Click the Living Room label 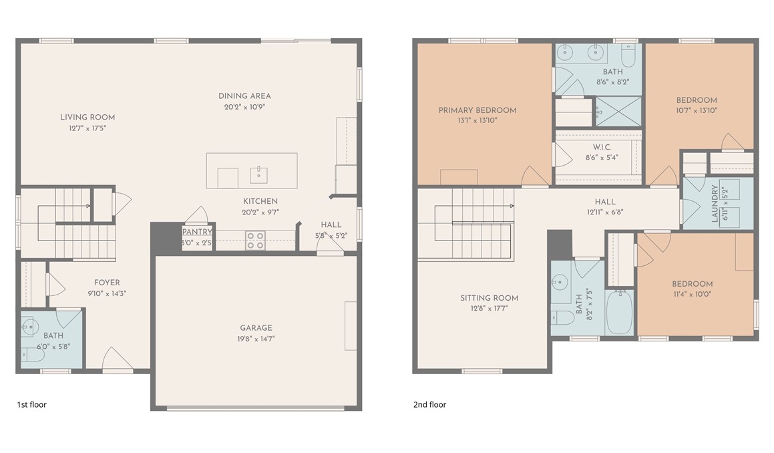[87, 117]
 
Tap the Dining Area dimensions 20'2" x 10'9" [244, 107]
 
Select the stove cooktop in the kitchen [255, 240]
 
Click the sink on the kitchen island [258, 175]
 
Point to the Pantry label [197, 232]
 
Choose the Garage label [256, 327]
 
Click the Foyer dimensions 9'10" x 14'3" [107, 293]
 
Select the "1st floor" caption [31, 405]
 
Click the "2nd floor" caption [429, 405]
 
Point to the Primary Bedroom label [477, 110]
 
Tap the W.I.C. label [602, 147]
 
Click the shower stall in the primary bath [618, 111]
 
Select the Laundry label [715, 204]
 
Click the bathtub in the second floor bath [619, 312]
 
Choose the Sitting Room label [490, 298]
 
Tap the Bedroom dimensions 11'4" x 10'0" [692, 294]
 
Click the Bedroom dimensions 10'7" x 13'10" [697, 110]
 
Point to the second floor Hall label [604, 202]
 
